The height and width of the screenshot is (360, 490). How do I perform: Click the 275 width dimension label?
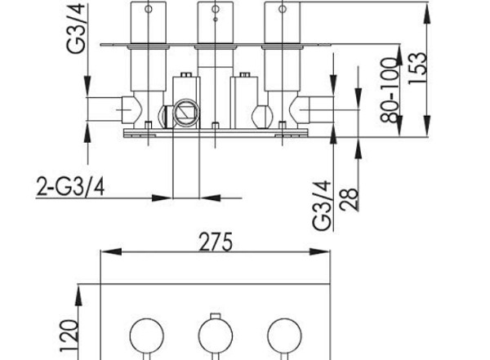(x=216, y=242)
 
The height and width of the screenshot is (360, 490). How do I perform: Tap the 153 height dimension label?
(x=417, y=68)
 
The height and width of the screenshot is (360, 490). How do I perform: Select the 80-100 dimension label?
(x=390, y=90)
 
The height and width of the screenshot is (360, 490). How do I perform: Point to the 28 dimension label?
(x=349, y=199)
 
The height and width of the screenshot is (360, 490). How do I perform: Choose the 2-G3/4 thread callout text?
(x=70, y=187)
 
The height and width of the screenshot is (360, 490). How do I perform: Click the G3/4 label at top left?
(x=76, y=28)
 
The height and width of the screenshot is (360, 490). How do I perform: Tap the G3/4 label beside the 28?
(x=322, y=206)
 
